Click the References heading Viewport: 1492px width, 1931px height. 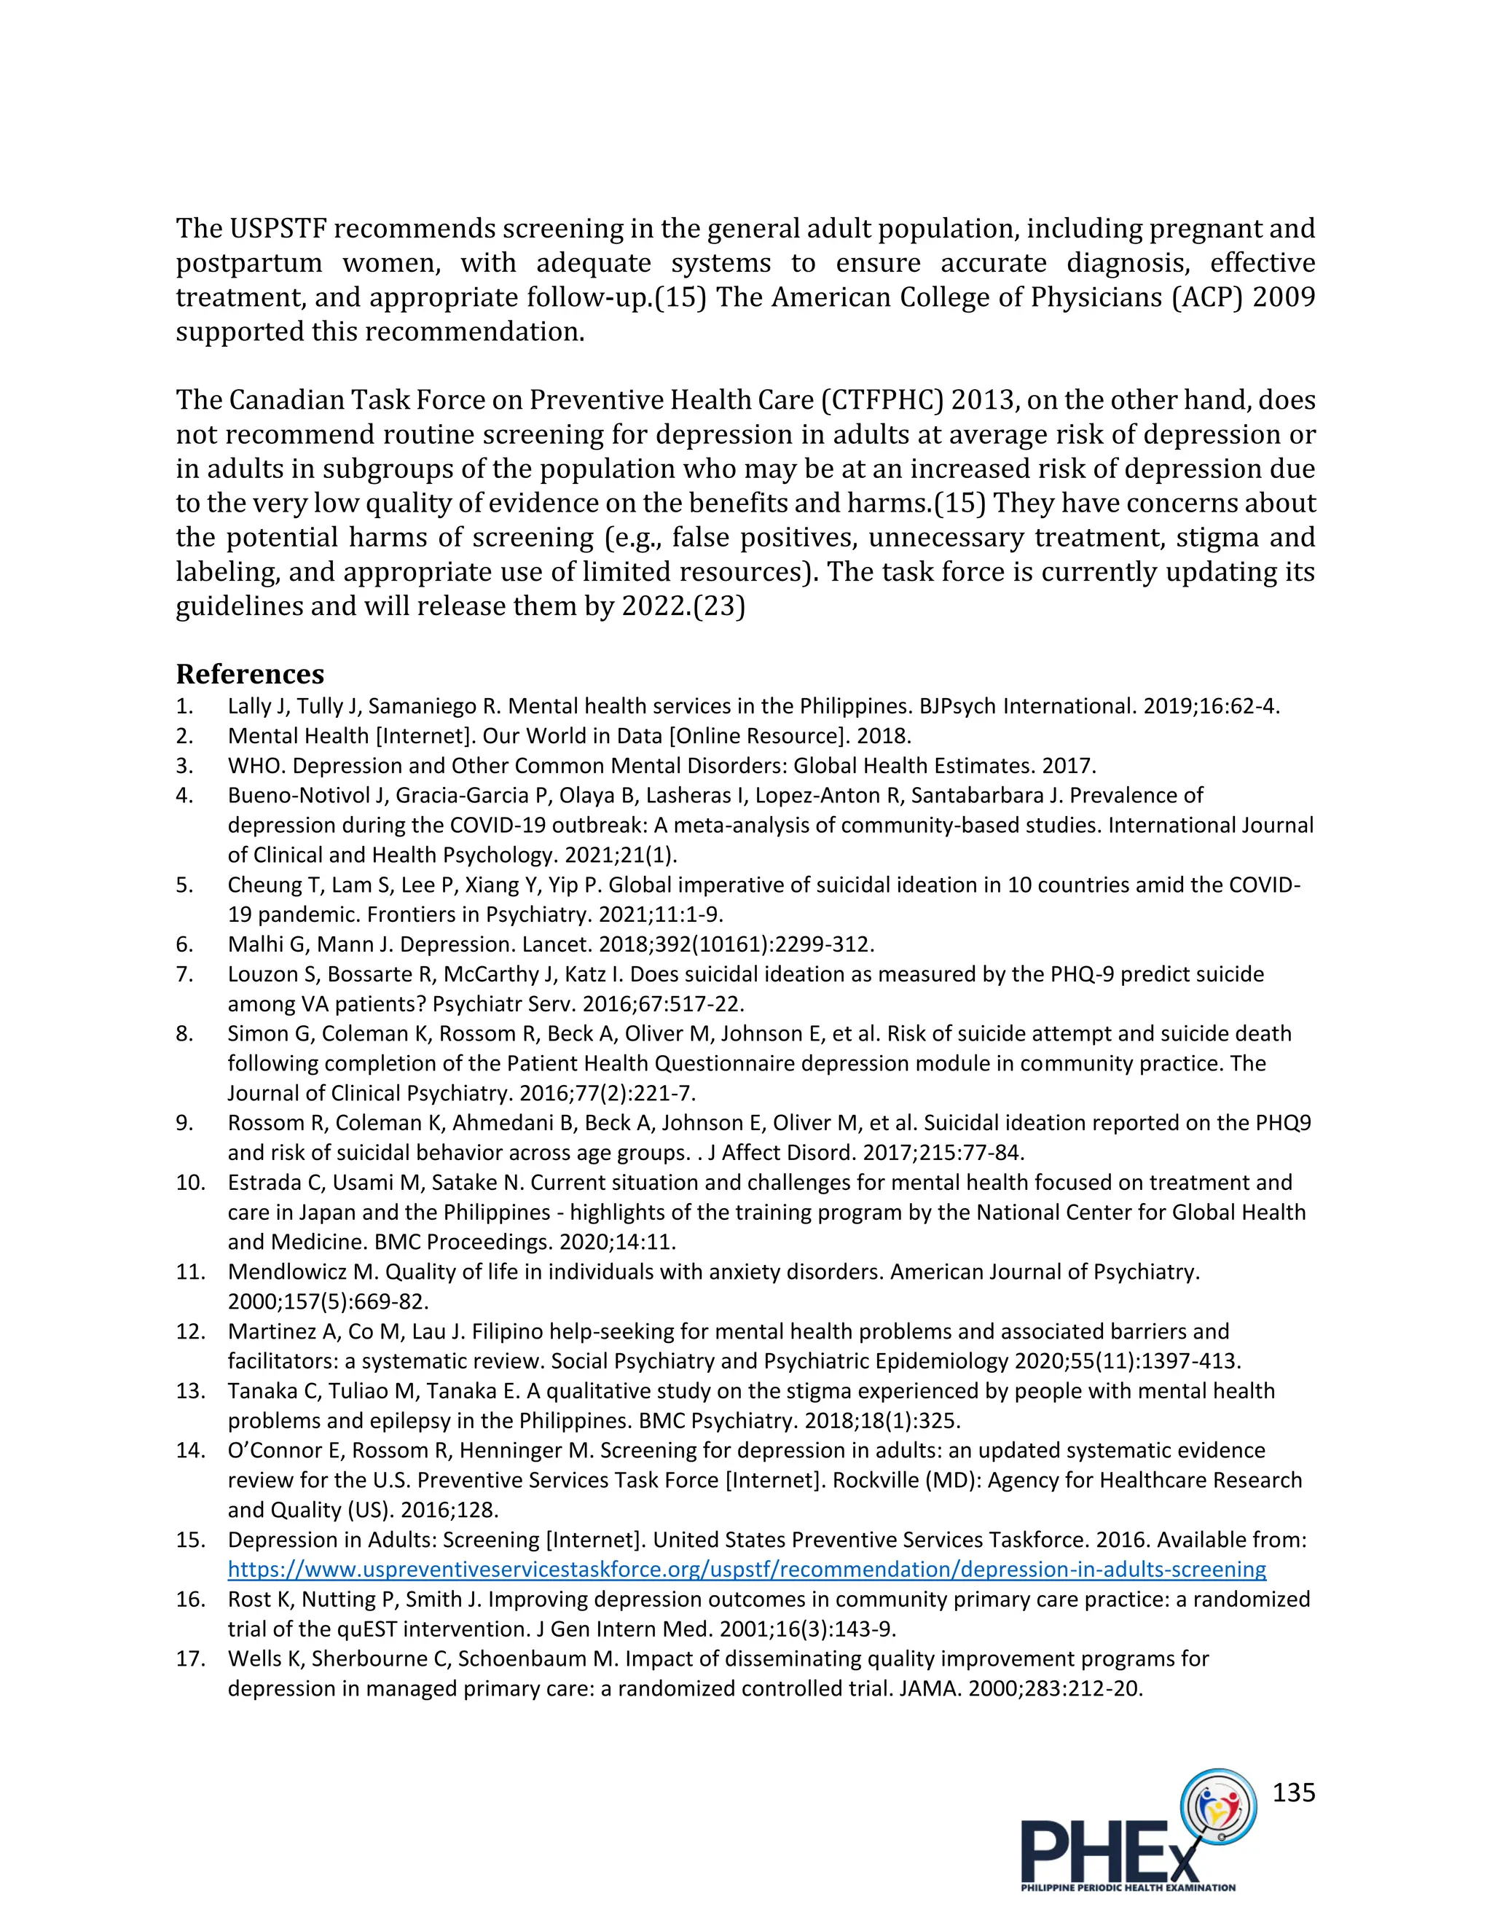coord(249,674)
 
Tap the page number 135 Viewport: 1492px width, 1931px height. coord(1293,1793)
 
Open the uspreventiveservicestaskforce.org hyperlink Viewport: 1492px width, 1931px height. coord(747,1570)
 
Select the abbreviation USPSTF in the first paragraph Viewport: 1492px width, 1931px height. coord(278,228)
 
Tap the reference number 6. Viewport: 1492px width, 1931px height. coord(184,944)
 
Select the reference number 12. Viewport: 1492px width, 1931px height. coord(190,1331)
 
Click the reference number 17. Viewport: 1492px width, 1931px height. coord(190,1658)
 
